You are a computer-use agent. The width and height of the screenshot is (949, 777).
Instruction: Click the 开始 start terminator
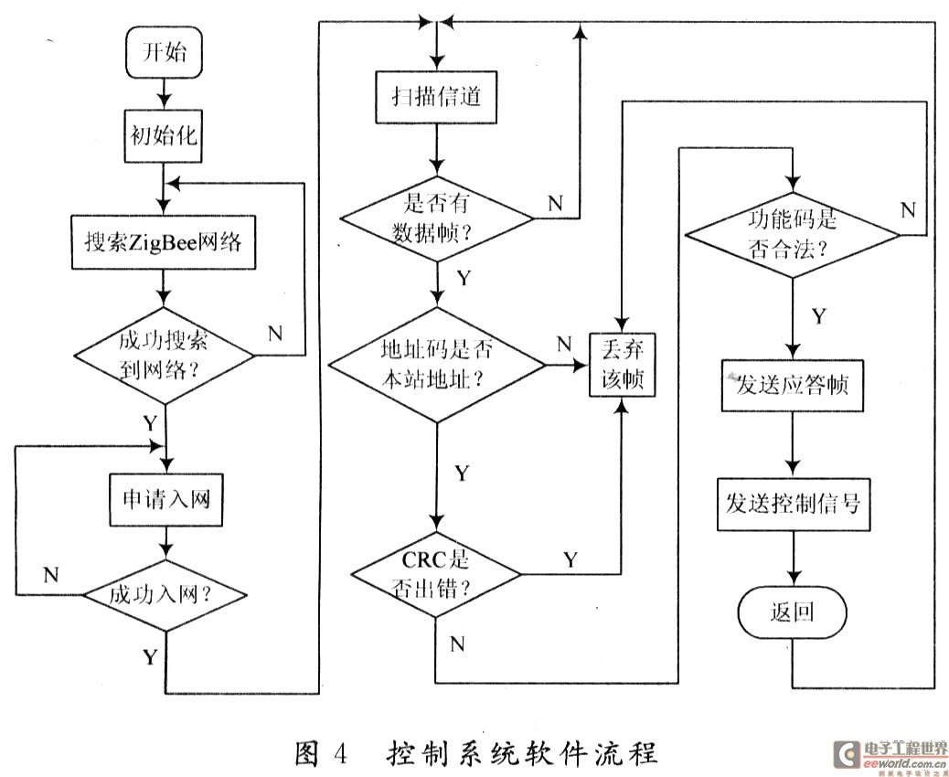(x=163, y=53)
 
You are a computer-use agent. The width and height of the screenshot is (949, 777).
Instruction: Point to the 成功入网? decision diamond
(x=165, y=594)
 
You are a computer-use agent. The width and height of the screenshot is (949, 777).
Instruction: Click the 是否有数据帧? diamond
(x=436, y=218)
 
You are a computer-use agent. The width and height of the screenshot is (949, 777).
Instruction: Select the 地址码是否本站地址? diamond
(x=436, y=367)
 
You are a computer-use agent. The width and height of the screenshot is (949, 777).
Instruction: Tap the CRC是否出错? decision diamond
(x=435, y=575)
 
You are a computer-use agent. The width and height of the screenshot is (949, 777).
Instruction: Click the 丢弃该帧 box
(x=622, y=363)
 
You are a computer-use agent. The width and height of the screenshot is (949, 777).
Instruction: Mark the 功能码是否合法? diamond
(x=793, y=235)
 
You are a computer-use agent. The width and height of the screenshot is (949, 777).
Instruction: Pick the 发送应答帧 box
(x=792, y=386)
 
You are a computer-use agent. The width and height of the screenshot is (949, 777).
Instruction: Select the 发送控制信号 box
(x=792, y=502)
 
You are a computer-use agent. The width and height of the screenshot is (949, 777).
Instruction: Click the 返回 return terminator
(x=792, y=612)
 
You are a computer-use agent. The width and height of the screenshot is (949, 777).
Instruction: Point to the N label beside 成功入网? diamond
(x=51, y=574)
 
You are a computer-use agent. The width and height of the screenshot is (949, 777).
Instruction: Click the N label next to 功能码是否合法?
(x=907, y=209)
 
